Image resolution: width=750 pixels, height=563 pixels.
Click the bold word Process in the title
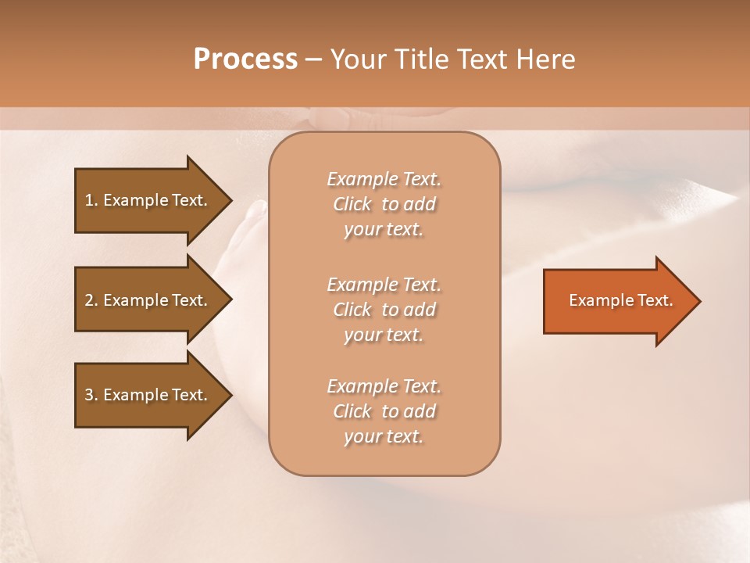click(x=245, y=59)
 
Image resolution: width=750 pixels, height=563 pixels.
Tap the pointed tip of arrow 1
click(x=230, y=200)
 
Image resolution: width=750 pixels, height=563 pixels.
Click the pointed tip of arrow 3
click(x=230, y=395)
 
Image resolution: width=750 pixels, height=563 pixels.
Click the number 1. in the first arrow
click(x=91, y=200)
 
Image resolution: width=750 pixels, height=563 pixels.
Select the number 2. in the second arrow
click(x=91, y=300)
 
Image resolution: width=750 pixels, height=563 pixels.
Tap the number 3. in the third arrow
click(x=91, y=395)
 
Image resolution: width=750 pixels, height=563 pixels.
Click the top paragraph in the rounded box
click(x=384, y=204)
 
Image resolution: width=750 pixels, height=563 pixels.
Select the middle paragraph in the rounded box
click(x=384, y=310)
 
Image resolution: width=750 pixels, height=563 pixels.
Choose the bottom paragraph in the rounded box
click(x=384, y=411)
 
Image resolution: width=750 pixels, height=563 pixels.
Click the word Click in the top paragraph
click(x=352, y=204)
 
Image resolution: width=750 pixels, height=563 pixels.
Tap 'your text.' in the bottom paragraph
click(x=384, y=436)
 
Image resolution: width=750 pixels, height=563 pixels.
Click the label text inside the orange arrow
click(x=620, y=300)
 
